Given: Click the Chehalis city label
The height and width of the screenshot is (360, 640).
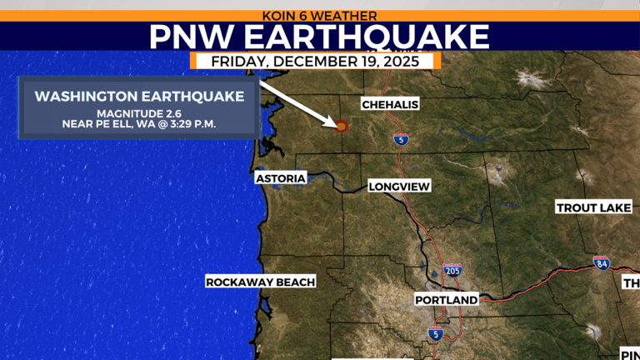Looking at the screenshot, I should [390, 104].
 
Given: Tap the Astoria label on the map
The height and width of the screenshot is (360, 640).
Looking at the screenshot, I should [281, 178].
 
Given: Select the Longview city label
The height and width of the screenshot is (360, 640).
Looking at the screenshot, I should [399, 187].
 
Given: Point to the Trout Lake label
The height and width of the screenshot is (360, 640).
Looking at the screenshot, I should [593, 207].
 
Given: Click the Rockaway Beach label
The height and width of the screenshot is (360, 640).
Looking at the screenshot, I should [261, 282].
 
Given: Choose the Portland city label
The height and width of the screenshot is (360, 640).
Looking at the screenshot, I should [447, 300].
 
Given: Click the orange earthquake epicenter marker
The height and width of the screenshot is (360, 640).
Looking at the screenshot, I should [341, 126].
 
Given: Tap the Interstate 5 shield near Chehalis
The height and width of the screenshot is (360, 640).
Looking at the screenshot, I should [401, 139].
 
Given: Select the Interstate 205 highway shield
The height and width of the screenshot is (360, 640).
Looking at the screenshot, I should [452, 270].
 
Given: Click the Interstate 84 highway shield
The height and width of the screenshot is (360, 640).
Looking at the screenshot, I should [601, 264].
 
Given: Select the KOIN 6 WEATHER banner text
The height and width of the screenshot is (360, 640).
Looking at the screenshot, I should [319, 16].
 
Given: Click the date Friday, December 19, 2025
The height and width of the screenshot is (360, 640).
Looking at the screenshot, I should [316, 62].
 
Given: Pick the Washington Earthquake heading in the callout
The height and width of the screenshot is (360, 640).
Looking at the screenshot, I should [139, 97].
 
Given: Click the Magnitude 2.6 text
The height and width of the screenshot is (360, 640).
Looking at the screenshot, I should [139, 113].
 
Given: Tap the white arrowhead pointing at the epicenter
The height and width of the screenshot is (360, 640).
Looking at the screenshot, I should [331, 121].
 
